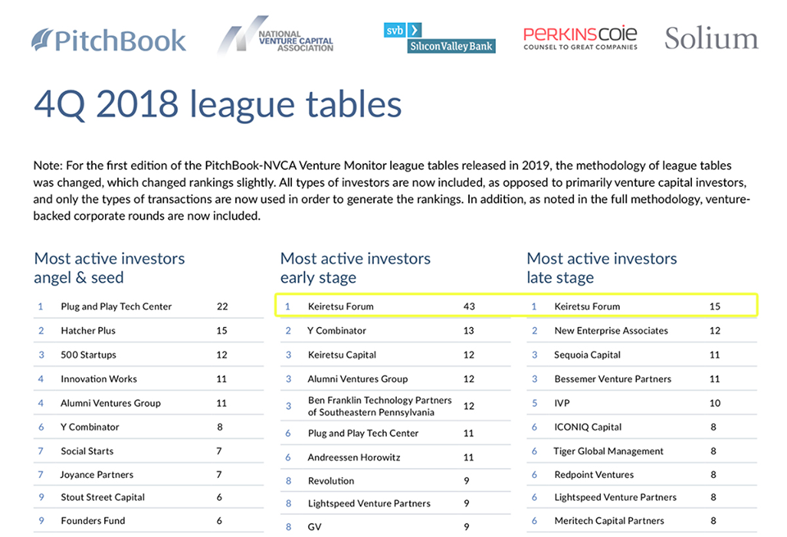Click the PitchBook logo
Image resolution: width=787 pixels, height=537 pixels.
[x=109, y=39]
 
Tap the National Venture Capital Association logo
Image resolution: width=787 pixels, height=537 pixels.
[x=275, y=37]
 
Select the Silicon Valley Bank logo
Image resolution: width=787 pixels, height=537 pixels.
[x=439, y=38]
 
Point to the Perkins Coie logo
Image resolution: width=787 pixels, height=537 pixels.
[x=580, y=38]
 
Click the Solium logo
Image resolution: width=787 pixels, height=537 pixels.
[x=711, y=39]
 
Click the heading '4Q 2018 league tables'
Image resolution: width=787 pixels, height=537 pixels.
[x=217, y=104]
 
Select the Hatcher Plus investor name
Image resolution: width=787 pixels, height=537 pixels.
[x=88, y=330]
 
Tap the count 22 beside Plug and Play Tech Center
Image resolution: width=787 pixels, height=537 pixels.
[x=222, y=307]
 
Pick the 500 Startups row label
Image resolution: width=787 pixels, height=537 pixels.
[x=89, y=355]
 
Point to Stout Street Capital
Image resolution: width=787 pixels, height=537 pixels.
[x=102, y=497]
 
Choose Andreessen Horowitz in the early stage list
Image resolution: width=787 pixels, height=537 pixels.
[x=353, y=457]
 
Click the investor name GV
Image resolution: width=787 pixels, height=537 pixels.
[x=314, y=526]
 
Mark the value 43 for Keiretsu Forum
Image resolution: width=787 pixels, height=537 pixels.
[x=469, y=307]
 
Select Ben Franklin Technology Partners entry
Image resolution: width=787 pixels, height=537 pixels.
[x=379, y=406]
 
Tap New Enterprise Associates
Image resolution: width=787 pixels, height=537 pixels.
[x=611, y=330]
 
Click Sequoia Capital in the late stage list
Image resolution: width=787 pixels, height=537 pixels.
[x=587, y=355]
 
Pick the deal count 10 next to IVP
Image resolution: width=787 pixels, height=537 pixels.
[x=715, y=403]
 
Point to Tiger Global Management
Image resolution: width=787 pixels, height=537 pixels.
[x=608, y=451]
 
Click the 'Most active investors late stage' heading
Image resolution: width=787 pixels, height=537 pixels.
[x=602, y=268]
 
